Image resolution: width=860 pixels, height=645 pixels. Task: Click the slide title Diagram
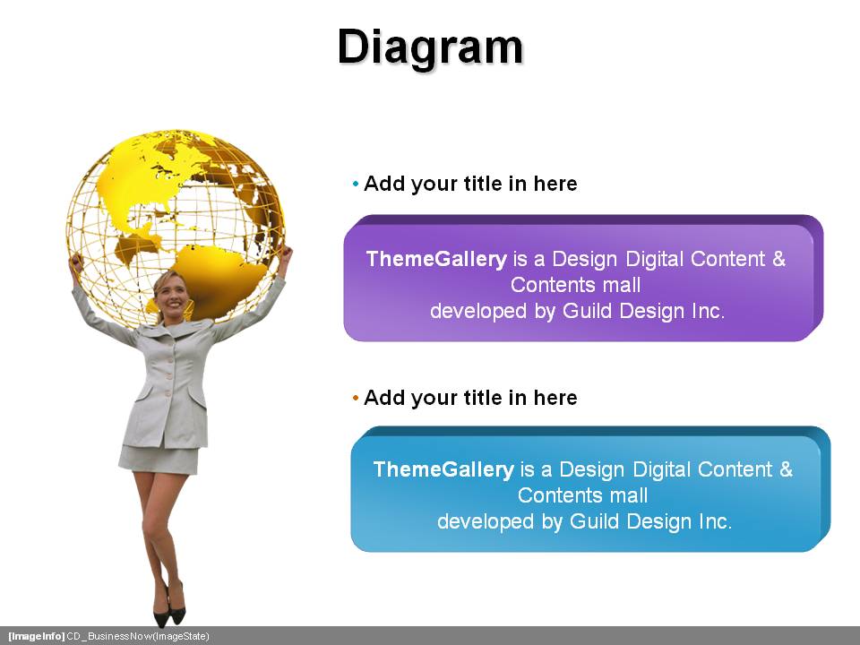click(430, 48)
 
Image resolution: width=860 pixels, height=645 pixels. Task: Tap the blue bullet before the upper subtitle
click(356, 184)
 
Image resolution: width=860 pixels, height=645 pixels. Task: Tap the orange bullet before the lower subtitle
click(356, 398)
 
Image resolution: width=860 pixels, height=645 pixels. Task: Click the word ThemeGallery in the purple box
click(436, 259)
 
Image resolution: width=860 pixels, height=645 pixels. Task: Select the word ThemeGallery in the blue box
click(443, 469)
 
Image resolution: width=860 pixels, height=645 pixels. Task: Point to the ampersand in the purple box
click(778, 258)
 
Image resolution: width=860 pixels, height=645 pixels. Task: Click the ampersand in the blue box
click(786, 469)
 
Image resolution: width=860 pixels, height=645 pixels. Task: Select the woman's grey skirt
click(159, 459)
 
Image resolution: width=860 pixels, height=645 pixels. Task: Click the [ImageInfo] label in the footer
click(36, 636)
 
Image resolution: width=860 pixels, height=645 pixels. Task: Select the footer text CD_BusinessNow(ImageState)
click(138, 636)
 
